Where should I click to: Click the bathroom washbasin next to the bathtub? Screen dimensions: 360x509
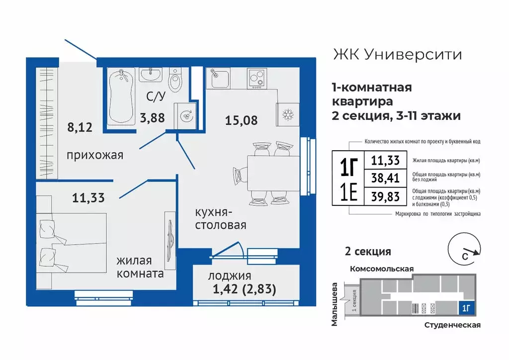(150, 75)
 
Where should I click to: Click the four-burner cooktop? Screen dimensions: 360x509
(257, 79)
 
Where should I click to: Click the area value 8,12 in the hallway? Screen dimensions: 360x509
(81, 127)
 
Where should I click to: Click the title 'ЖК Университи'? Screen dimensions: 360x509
(396, 54)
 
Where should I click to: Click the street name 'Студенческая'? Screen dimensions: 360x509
(452, 325)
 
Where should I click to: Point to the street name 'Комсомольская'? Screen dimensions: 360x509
(382, 269)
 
